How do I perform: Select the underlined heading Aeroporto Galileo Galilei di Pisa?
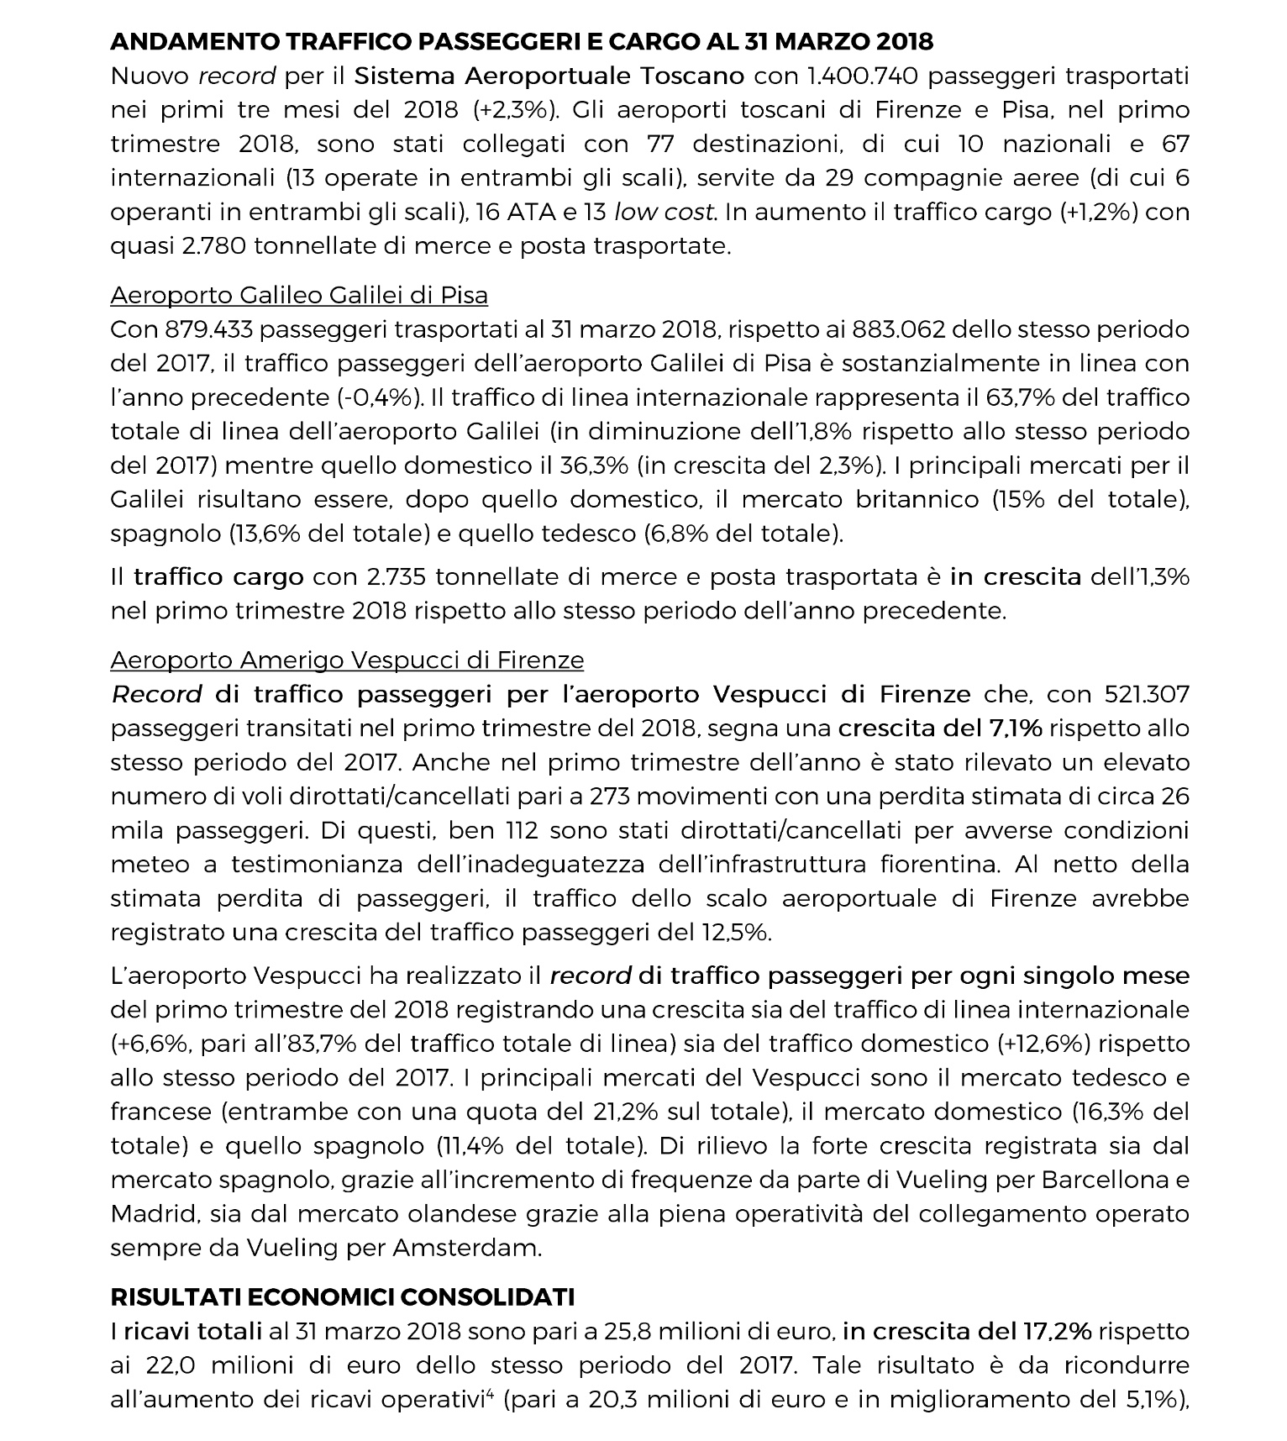(298, 296)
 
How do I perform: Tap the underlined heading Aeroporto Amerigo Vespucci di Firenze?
(346, 660)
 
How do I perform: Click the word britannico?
(917, 499)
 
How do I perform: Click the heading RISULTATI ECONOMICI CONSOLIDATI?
(342, 1297)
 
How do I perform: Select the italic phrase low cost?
(665, 212)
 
